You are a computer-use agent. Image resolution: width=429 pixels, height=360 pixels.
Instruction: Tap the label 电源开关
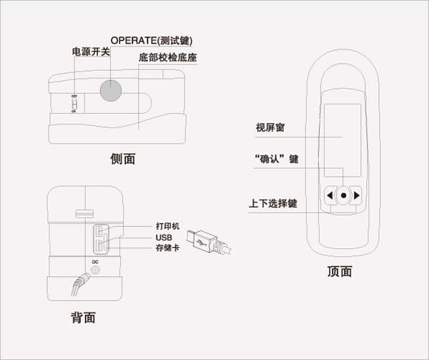(x=91, y=52)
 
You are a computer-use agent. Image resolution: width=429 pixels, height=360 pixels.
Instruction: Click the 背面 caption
(x=83, y=317)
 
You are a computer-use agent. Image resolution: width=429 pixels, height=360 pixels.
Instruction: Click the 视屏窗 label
(x=270, y=128)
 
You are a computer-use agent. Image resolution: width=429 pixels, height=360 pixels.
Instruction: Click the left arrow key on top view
(x=330, y=195)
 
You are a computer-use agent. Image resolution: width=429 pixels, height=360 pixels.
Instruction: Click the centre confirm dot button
(x=343, y=195)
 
